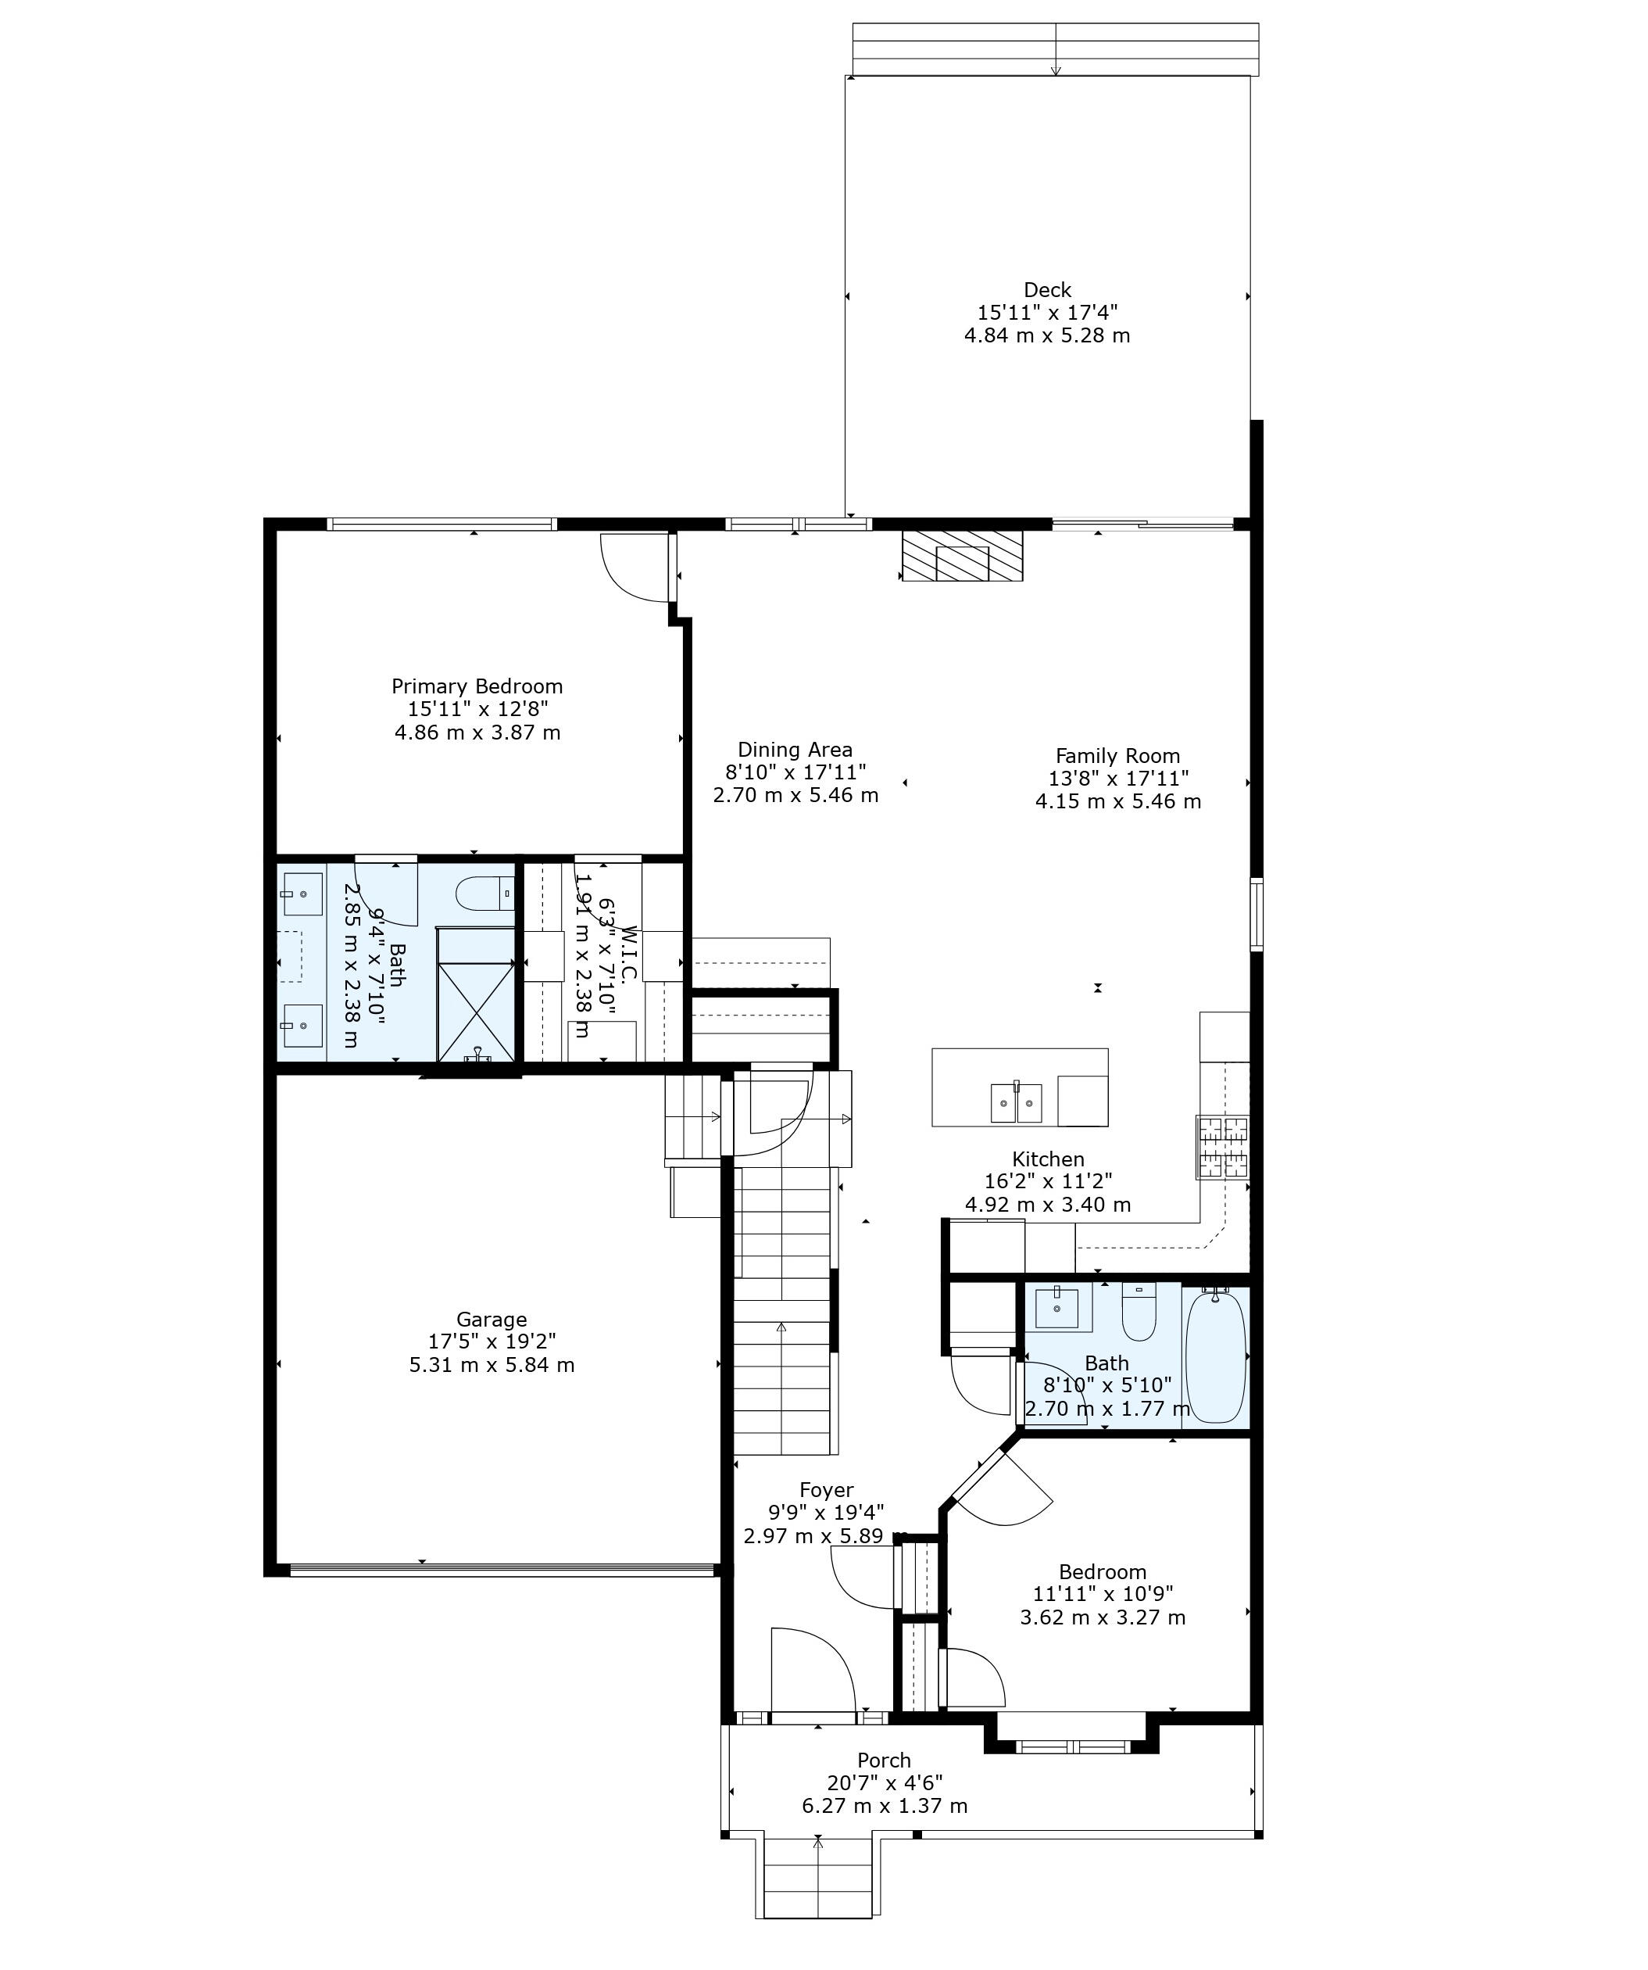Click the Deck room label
1047,290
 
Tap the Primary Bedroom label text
477,686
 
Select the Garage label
492,1319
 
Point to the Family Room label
1118,756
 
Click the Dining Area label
795,750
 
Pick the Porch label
884,1760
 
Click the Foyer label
827,1490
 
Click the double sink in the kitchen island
1016,1102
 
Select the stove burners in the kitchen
1222,1146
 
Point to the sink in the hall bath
1057,1308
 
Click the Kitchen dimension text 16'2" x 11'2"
1048,1182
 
